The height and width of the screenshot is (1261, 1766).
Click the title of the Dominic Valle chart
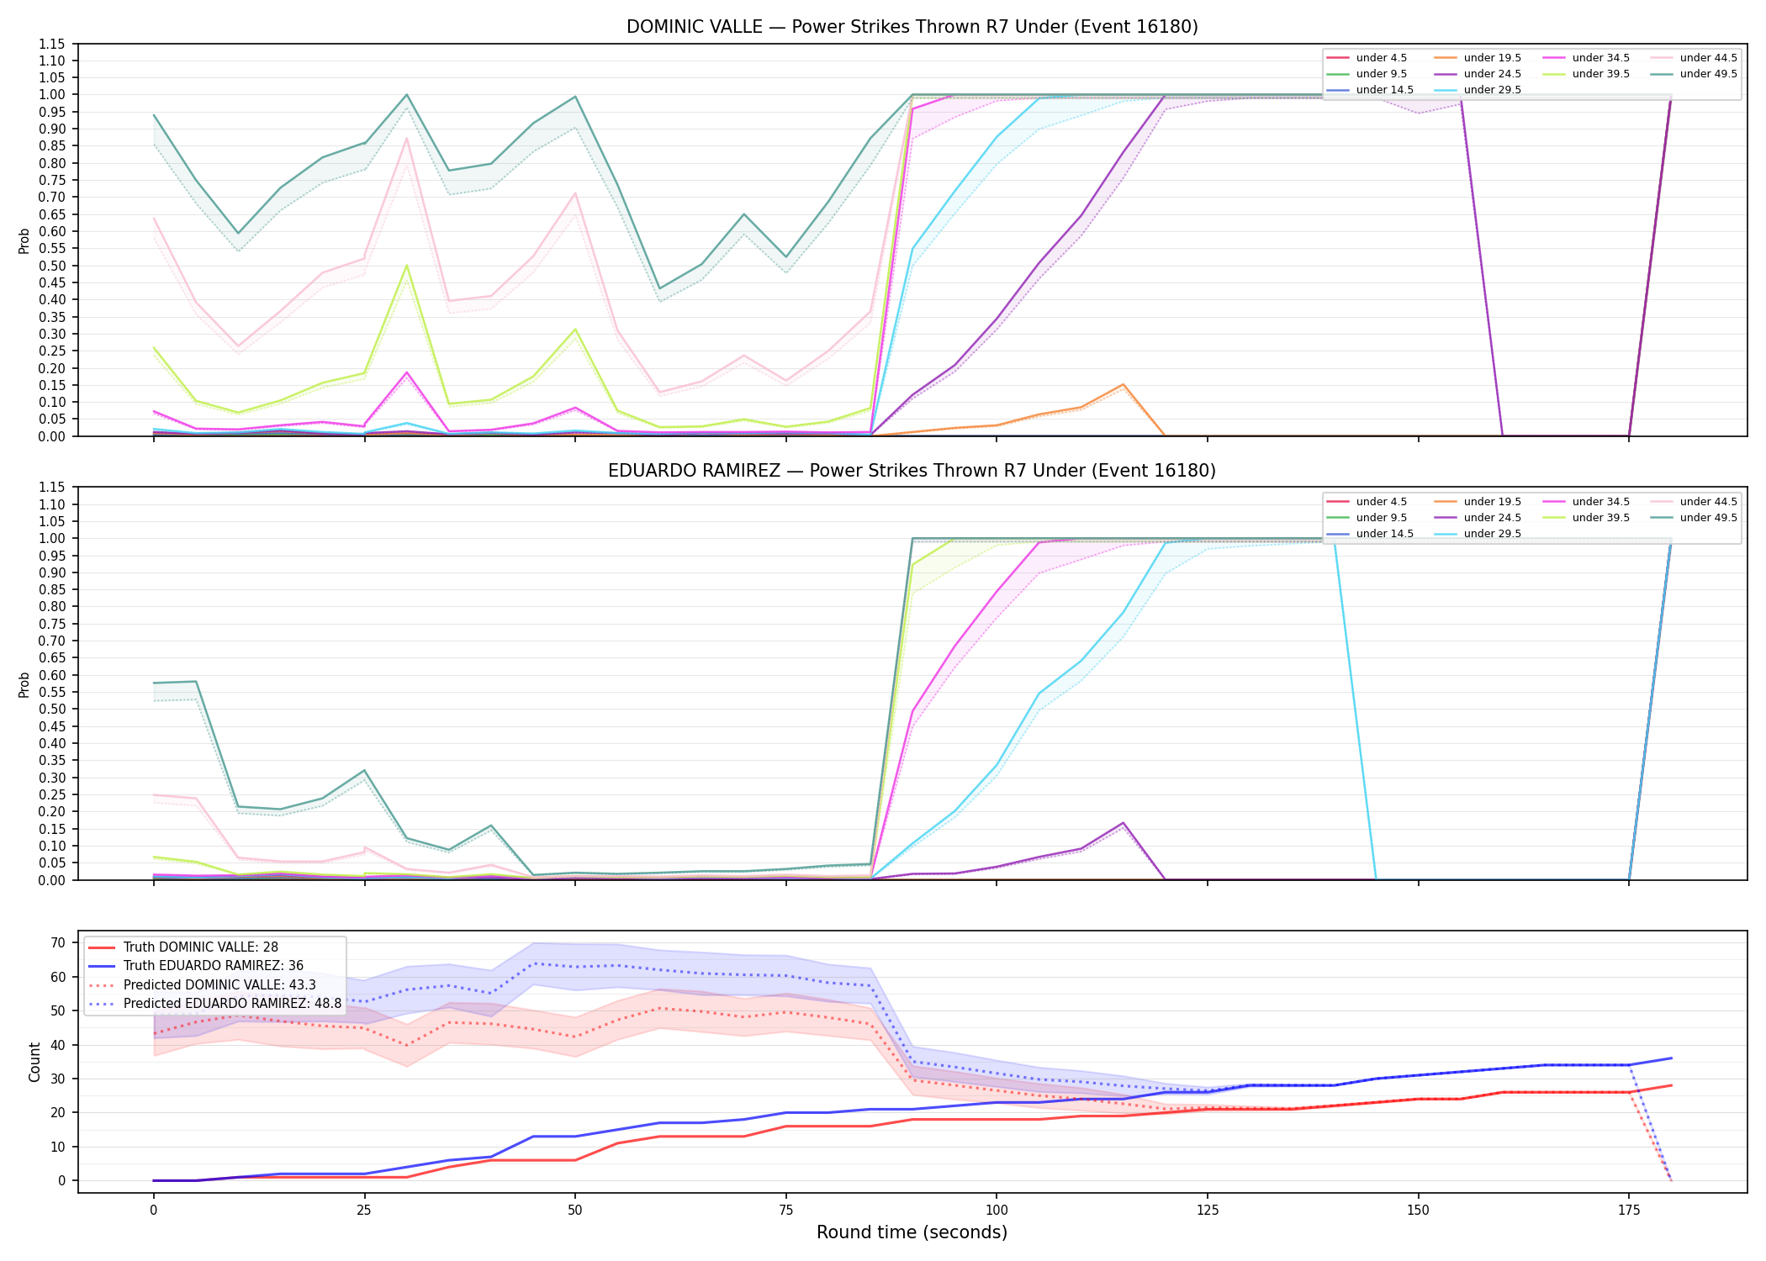[912, 27]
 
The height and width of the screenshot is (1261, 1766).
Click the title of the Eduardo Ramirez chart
[912, 471]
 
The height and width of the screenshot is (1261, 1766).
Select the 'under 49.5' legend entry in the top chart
[1693, 74]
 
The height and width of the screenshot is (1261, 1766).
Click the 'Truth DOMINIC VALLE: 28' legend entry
[183, 947]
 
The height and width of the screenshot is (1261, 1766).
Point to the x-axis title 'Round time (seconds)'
[912, 1232]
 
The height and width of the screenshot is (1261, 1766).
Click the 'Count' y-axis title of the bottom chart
[34, 1062]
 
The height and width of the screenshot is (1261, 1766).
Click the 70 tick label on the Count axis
[58, 943]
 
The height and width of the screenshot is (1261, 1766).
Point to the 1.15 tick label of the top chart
[52, 44]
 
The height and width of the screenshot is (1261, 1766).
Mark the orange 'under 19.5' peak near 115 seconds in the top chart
[1124, 384]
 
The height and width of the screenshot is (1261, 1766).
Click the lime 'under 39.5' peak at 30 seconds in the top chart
[407, 266]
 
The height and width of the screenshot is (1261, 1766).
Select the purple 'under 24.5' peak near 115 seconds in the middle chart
[1124, 823]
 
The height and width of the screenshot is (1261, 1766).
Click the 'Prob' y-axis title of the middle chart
[24, 684]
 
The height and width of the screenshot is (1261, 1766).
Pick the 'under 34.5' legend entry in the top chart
[1585, 58]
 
